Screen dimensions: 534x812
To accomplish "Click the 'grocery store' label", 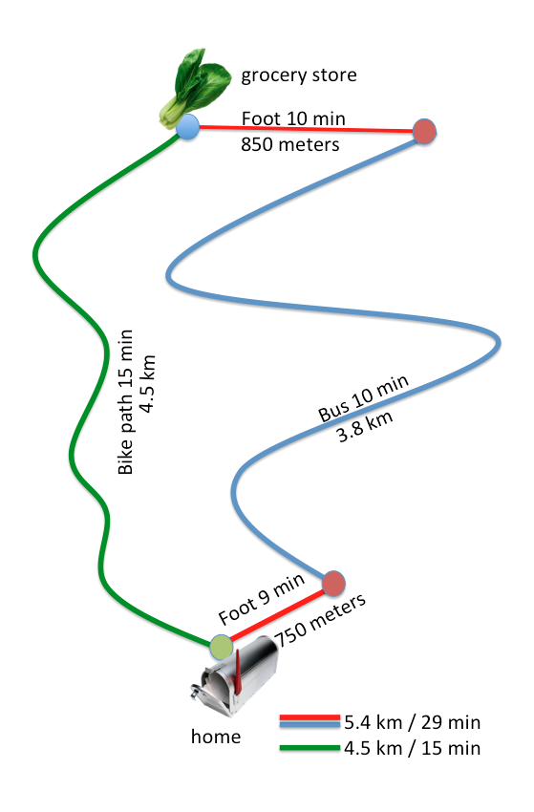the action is point(299,75).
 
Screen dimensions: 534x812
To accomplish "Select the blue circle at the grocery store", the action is point(187,127).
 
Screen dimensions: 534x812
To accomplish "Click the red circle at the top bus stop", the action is point(424,132).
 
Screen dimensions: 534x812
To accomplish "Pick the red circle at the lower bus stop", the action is point(333,584).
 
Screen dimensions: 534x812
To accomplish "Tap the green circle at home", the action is point(222,648).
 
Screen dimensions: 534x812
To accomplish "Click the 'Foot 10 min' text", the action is point(293,118).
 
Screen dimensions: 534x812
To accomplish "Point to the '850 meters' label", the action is point(290,144).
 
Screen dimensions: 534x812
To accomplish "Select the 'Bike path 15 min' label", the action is point(125,402).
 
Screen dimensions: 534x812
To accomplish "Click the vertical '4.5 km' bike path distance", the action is point(148,384).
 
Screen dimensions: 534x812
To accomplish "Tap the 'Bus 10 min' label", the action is point(363,398).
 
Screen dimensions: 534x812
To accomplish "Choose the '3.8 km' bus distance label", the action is point(365,426).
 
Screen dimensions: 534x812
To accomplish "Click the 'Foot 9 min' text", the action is point(261,599).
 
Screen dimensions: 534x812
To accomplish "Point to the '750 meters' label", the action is point(320,620).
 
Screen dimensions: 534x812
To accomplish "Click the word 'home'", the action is point(216,737).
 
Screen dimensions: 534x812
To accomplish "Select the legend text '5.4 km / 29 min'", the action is point(413,722).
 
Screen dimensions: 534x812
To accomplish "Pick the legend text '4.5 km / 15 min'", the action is point(413,748).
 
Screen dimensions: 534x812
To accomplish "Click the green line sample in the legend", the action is point(310,748).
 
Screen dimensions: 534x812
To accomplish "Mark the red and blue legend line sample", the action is point(310,721).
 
